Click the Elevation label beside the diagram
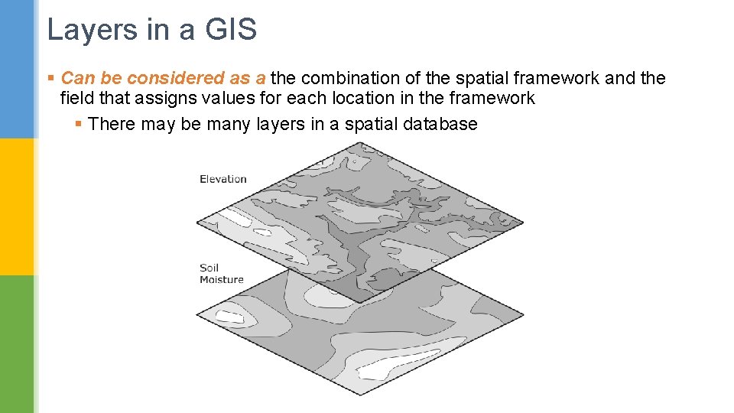click(x=222, y=179)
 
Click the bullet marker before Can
click(x=51, y=79)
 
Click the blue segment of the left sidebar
click(x=17, y=69)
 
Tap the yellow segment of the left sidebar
click(x=17, y=206)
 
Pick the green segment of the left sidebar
click(x=17, y=344)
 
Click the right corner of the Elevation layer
click(x=524, y=223)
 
